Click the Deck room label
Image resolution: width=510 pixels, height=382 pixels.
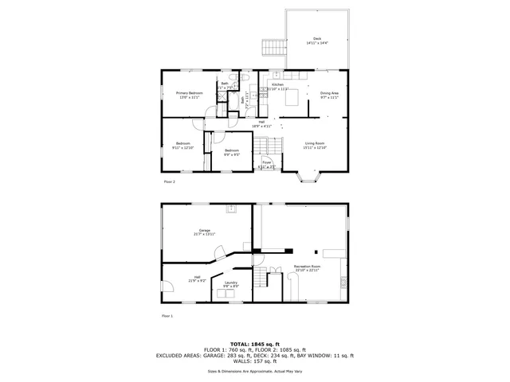(316, 39)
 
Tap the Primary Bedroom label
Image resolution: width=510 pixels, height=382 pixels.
(190, 93)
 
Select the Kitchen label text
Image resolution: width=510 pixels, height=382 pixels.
(277, 84)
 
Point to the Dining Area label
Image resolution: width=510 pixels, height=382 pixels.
(329, 93)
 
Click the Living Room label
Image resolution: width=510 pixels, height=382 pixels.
(313, 143)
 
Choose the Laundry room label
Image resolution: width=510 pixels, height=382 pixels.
(231, 283)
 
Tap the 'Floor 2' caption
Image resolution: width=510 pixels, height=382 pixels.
(169, 181)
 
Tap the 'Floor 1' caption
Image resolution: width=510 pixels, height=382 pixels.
(167, 316)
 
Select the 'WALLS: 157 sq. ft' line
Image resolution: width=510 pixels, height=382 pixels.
(255, 361)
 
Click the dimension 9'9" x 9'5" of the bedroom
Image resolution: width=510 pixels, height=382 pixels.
(231, 154)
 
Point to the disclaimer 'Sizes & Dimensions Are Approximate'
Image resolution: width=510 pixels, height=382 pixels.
(255, 371)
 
